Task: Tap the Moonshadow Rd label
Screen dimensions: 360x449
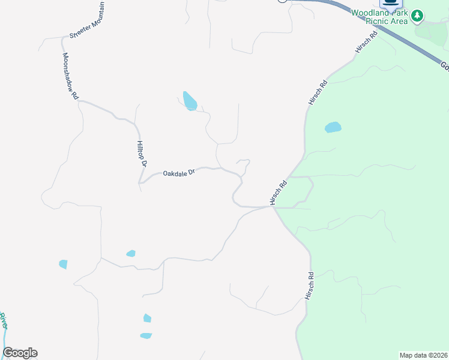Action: pyautogui.click(x=70, y=76)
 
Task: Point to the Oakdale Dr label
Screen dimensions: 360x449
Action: pyautogui.click(x=179, y=173)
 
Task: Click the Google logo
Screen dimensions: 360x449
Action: pyautogui.click(x=20, y=353)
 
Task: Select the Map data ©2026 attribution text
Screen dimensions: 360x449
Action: pyautogui.click(x=424, y=355)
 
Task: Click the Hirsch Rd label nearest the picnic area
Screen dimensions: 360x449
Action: pyautogui.click(x=366, y=43)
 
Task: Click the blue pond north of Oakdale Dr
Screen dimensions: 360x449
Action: pyautogui.click(x=190, y=101)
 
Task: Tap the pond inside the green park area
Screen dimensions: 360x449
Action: pyautogui.click(x=333, y=127)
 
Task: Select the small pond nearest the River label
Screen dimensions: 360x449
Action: pyautogui.click(x=63, y=264)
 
